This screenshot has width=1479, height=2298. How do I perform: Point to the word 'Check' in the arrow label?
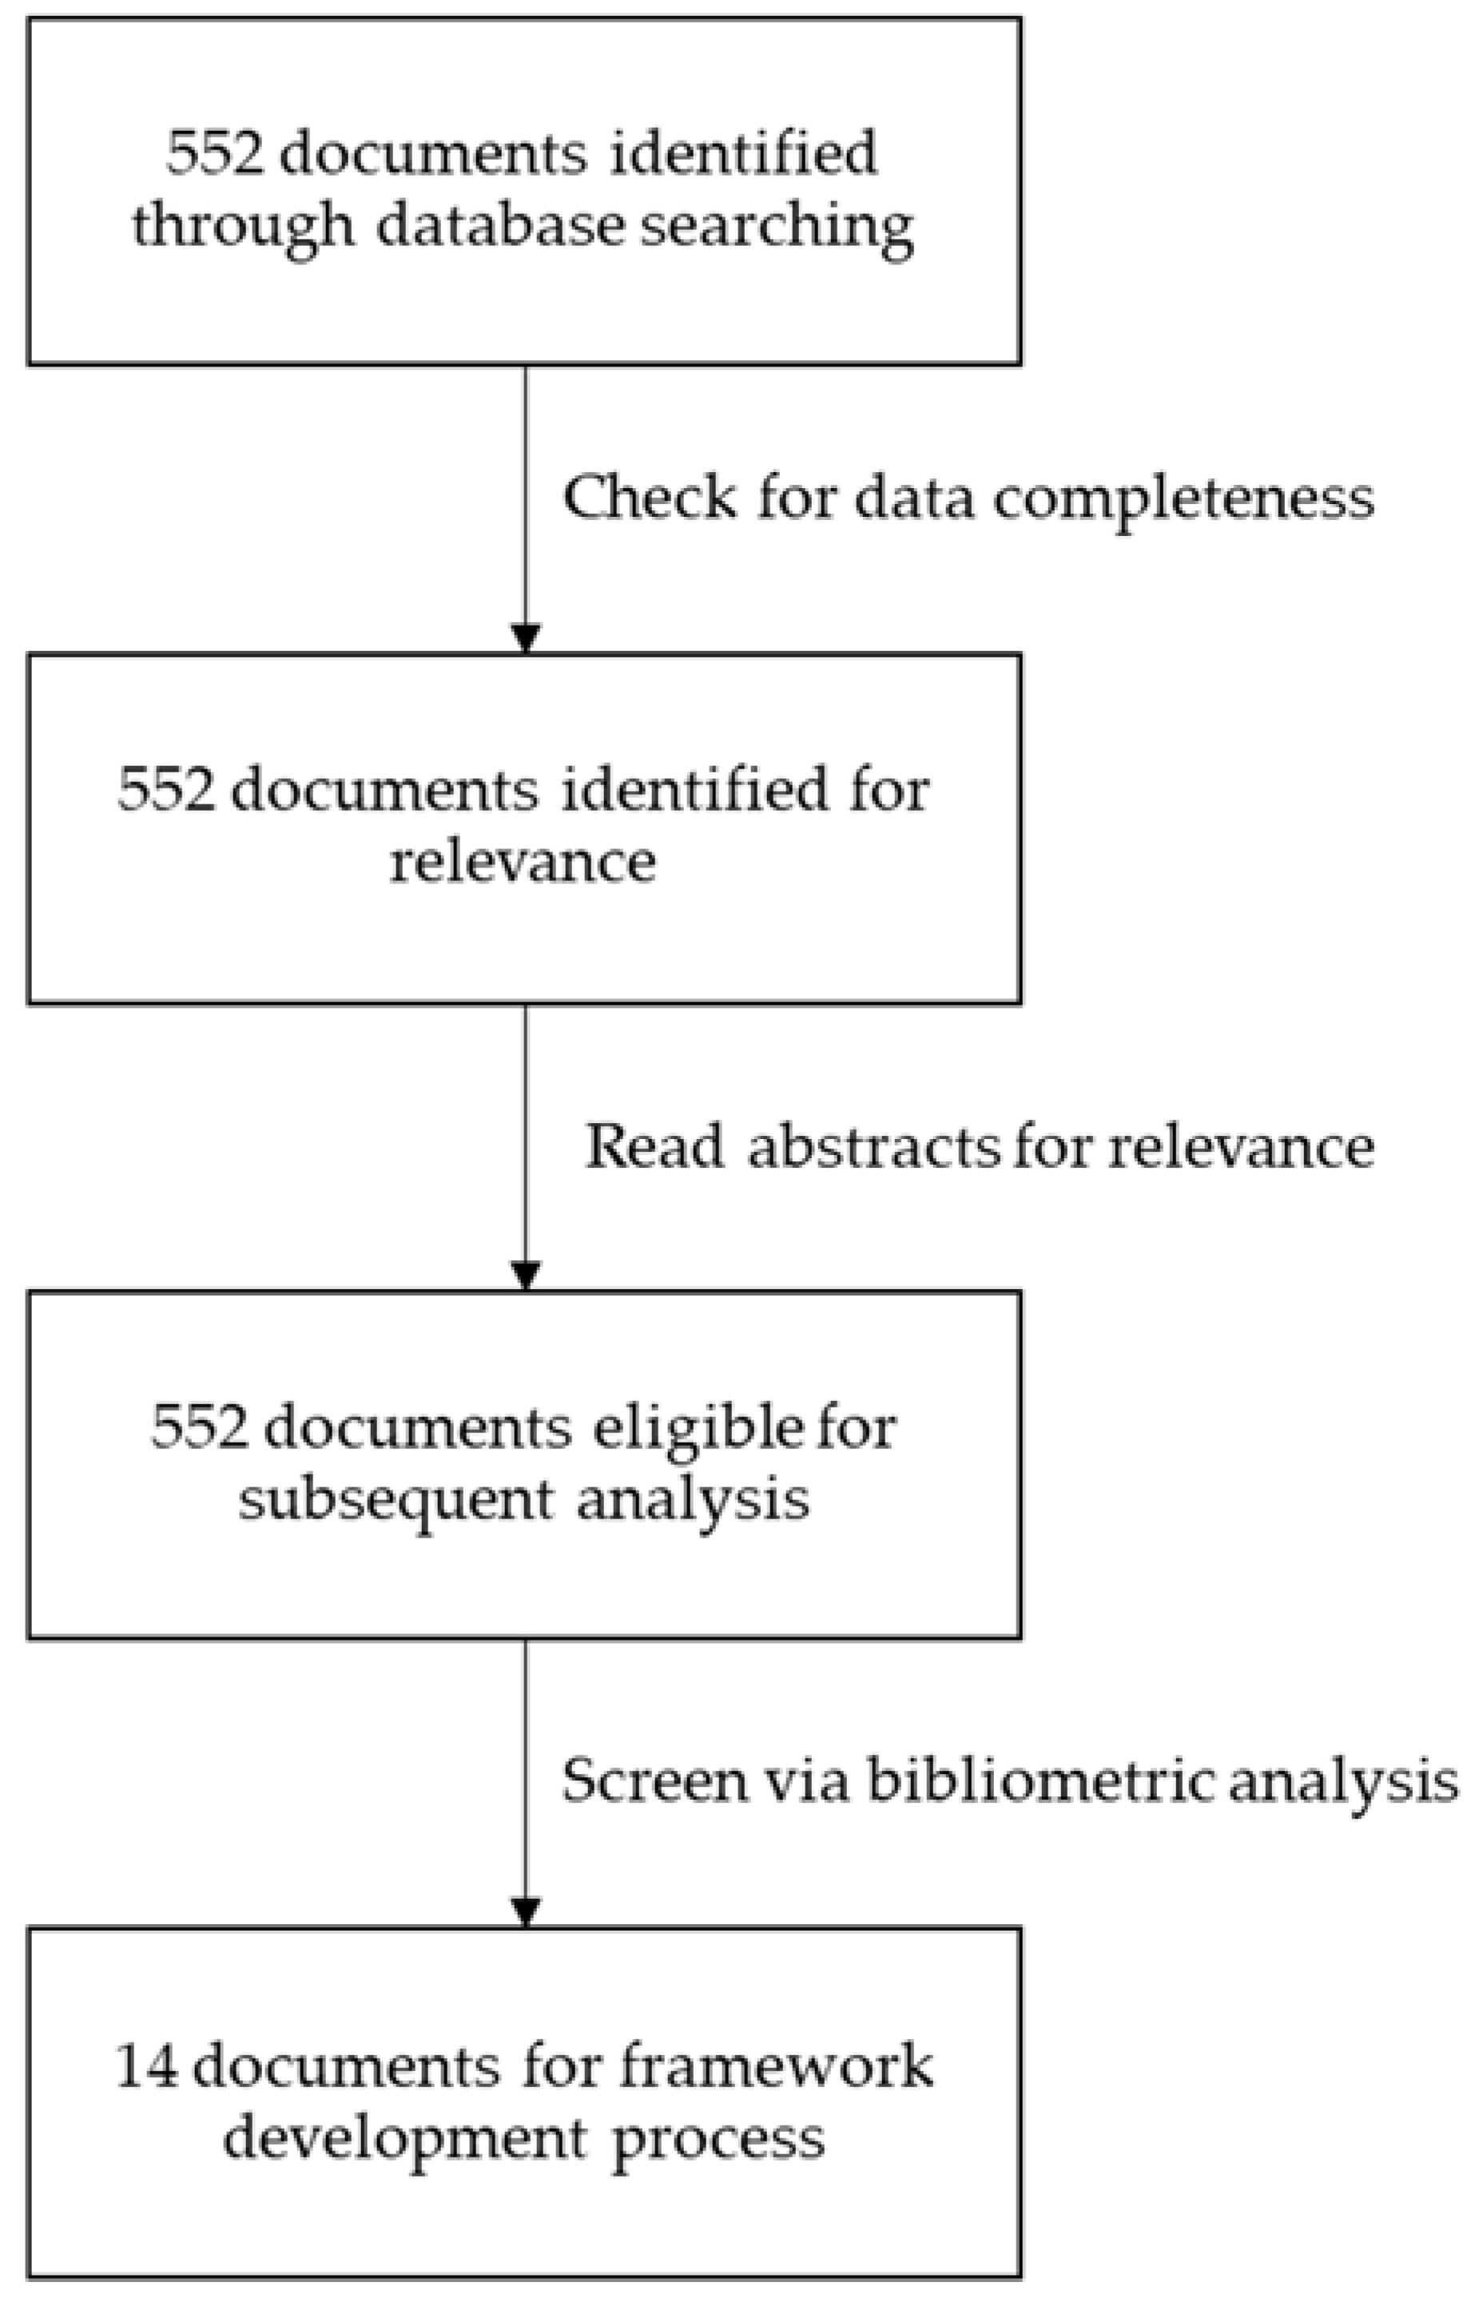[650, 498]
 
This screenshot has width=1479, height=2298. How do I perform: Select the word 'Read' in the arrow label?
[655, 1146]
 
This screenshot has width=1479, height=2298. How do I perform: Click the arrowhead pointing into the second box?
[525, 638]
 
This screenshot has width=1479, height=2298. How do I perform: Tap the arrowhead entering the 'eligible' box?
[525, 1276]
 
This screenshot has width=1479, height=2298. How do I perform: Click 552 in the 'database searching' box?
[213, 153]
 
